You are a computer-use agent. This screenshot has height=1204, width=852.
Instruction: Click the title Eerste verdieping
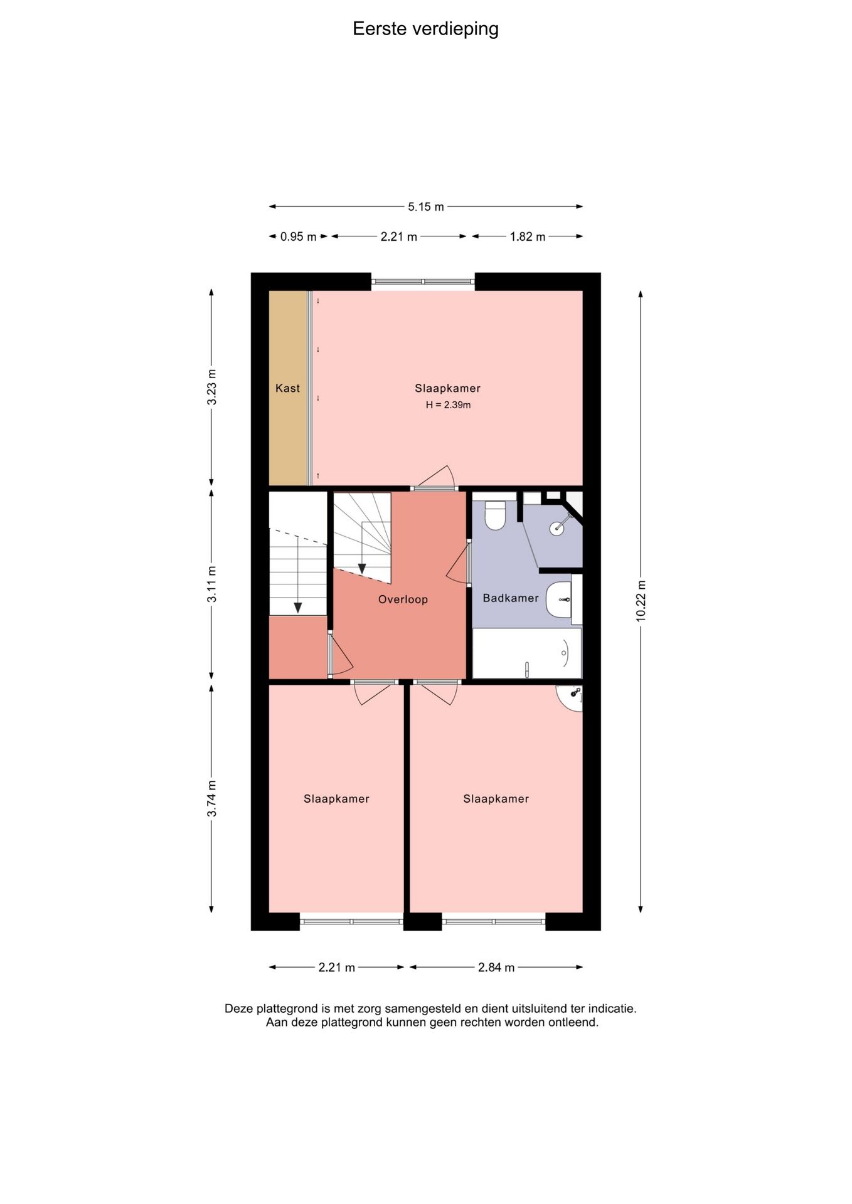425,29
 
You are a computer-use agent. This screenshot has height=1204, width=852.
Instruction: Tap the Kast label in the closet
288,388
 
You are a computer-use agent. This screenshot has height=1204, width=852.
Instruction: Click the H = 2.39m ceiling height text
448,405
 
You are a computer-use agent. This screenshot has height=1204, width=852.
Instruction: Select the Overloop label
403,599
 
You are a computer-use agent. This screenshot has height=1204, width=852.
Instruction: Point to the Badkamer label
511,598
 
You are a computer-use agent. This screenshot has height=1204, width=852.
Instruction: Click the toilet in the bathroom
496,515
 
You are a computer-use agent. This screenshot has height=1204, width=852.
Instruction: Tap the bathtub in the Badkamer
527,653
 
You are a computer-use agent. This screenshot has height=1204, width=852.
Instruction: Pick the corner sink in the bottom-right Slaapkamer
571,698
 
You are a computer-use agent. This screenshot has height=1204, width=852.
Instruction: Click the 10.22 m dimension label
641,601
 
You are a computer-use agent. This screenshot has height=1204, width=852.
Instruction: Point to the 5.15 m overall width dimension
426,206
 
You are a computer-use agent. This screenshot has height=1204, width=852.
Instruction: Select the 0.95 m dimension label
299,236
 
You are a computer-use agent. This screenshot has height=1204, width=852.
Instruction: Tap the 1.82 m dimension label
528,236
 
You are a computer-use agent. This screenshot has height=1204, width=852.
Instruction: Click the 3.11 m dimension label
212,584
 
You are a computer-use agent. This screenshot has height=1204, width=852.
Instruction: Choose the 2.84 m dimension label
496,967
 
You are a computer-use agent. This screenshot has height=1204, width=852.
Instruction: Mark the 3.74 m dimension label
212,798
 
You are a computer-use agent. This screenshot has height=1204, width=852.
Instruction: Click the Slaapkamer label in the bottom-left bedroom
336,799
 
